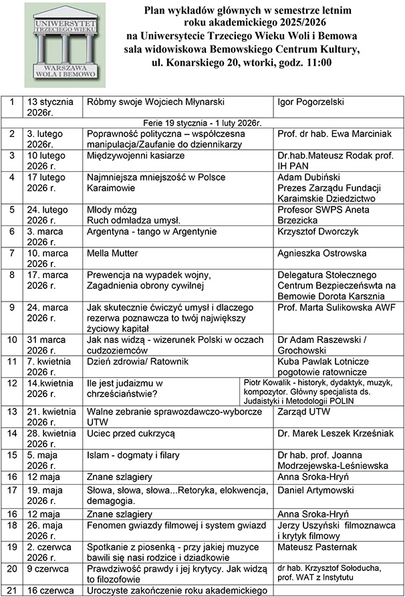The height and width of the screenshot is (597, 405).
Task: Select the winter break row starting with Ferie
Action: [203, 123]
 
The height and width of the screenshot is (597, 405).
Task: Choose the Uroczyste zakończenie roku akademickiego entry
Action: [177, 590]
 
